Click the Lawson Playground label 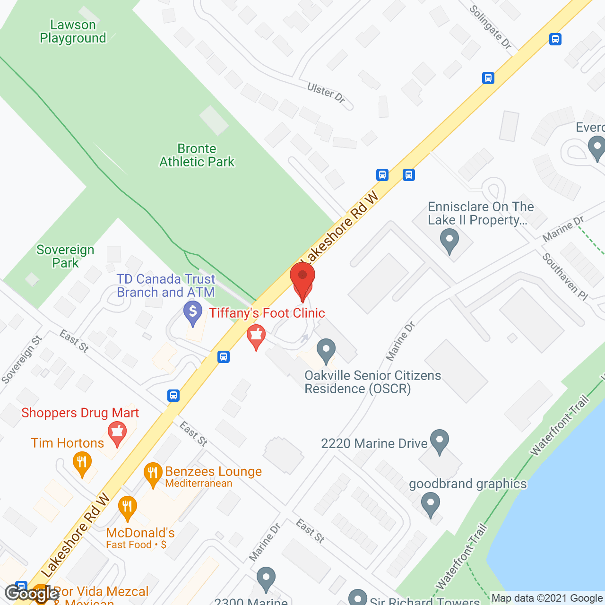(x=73, y=32)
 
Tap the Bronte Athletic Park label (x=197, y=156)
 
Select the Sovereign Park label (x=65, y=256)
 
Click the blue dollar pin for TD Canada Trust (x=192, y=313)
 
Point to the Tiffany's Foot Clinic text (x=267, y=313)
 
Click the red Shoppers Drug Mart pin (x=117, y=434)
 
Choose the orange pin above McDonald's (x=127, y=508)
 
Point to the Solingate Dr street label (x=491, y=27)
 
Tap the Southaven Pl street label (x=565, y=277)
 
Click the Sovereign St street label (x=22, y=360)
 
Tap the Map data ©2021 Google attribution (x=547, y=598)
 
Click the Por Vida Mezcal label (x=101, y=592)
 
